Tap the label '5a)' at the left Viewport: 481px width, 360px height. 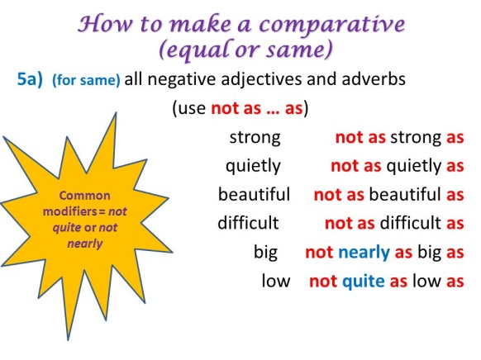32,81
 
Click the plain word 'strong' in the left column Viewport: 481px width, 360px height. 254,137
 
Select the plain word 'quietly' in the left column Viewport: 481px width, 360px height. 253,166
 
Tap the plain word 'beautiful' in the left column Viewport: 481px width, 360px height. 254,195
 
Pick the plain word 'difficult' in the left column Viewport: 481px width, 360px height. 248,223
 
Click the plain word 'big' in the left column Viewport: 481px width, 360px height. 265,252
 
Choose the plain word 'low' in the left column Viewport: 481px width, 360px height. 275,281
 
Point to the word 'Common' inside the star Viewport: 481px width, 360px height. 83,196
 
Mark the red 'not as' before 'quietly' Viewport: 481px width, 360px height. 355,166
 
